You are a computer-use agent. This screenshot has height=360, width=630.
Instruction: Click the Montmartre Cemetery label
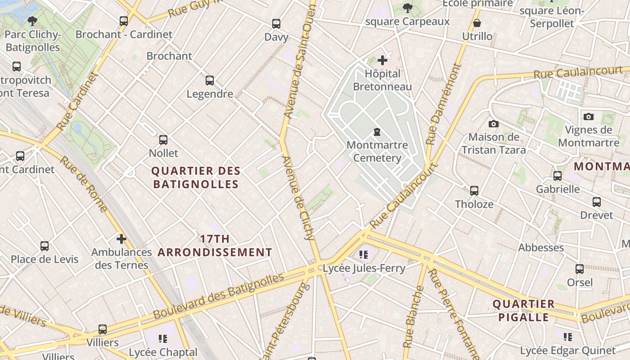(x=377, y=152)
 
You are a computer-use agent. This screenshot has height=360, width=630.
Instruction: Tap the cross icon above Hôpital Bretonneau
(x=382, y=60)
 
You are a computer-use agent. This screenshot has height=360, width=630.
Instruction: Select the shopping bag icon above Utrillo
(x=477, y=23)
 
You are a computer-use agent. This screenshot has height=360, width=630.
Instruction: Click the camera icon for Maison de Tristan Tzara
(x=494, y=124)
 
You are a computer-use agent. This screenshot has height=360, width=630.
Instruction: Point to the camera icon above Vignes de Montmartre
(x=588, y=117)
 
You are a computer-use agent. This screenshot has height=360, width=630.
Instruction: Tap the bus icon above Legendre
(x=210, y=81)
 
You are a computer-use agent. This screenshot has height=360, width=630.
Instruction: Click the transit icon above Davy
(x=276, y=24)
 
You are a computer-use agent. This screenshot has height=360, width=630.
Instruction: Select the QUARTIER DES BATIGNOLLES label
(x=196, y=177)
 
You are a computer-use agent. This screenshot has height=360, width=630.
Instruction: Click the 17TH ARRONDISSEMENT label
(x=215, y=246)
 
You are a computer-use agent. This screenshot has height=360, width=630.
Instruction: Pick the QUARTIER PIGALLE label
(x=523, y=310)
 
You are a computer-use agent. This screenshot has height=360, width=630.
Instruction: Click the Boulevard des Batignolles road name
(x=219, y=296)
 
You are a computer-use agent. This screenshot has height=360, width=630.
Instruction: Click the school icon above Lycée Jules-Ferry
(x=364, y=255)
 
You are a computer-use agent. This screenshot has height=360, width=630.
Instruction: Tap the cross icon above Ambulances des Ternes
(x=121, y=239)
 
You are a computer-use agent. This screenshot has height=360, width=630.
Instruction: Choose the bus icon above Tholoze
(x=474, y=191)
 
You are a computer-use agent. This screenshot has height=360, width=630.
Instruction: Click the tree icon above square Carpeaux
(x=407, y=8)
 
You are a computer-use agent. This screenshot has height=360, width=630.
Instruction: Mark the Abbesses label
(x=541, y=247)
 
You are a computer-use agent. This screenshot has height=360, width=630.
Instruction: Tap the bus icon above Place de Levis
(x=45, y=246)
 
